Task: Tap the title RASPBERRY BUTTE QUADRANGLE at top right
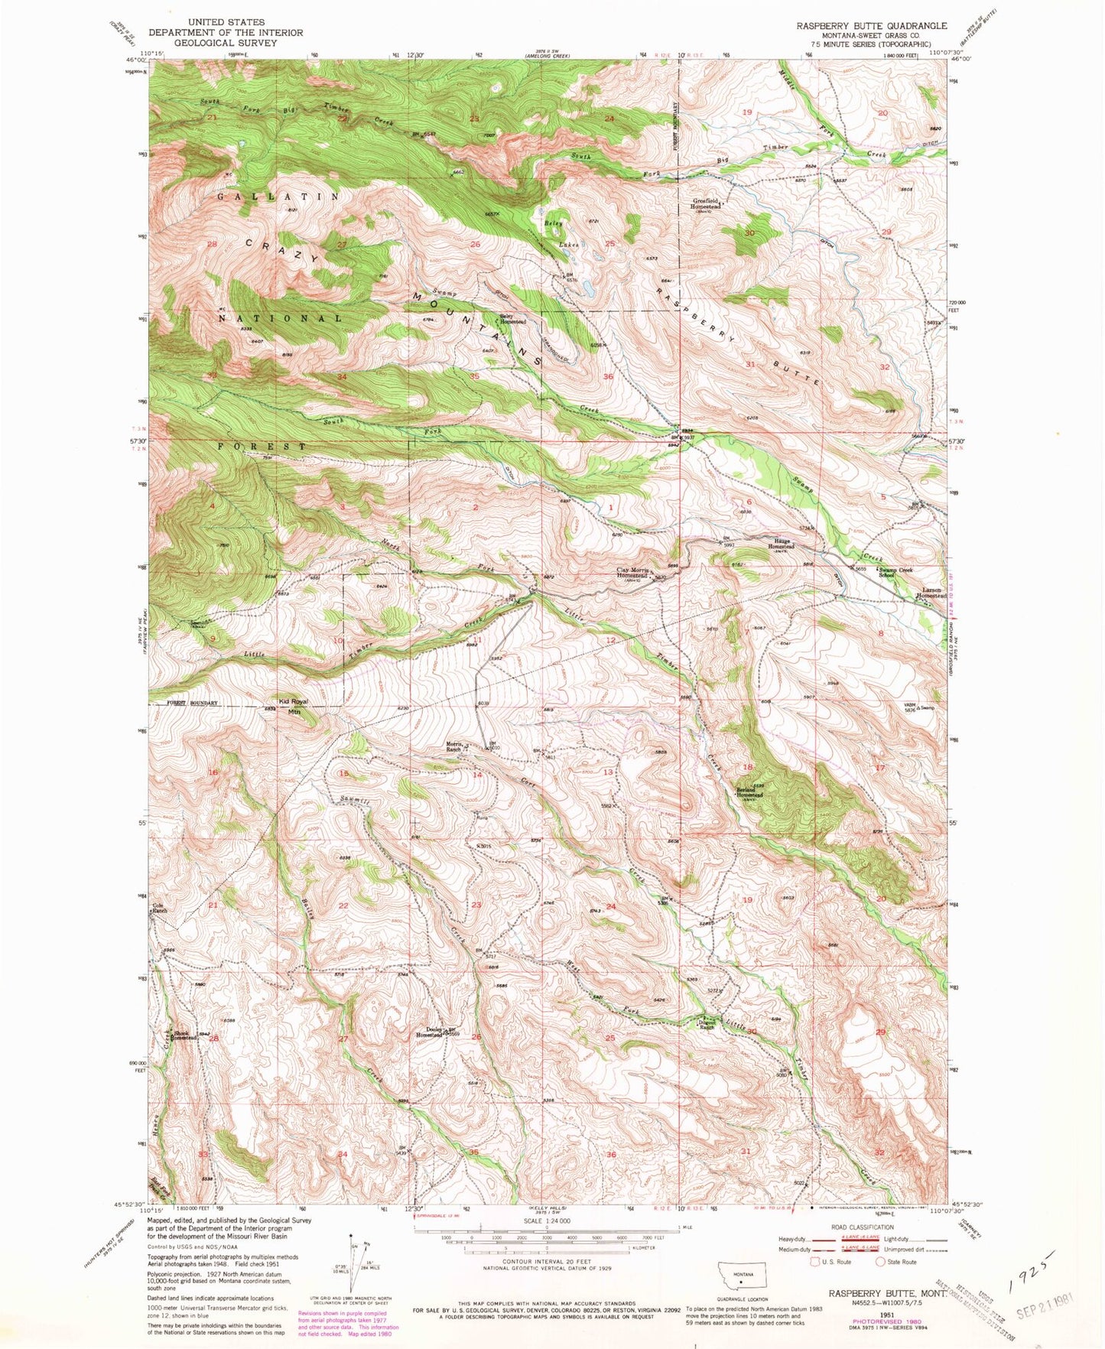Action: click(872, 25)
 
